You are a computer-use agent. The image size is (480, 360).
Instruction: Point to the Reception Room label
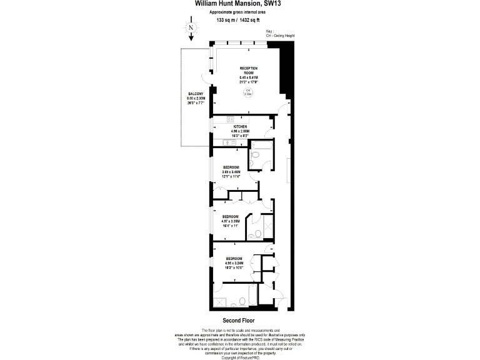point(248,74)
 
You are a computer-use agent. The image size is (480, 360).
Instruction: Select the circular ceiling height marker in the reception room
point(247,93)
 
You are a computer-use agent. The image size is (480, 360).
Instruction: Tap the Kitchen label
point(241,129)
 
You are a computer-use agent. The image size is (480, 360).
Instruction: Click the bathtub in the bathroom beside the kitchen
point(259,146)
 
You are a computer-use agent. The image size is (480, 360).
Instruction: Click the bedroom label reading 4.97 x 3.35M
point(231,220)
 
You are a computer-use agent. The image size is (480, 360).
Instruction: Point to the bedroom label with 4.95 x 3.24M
point(234,262)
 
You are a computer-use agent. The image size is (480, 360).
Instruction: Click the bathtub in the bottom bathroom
point(234,291)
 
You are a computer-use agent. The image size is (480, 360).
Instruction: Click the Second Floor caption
point(239,321)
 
